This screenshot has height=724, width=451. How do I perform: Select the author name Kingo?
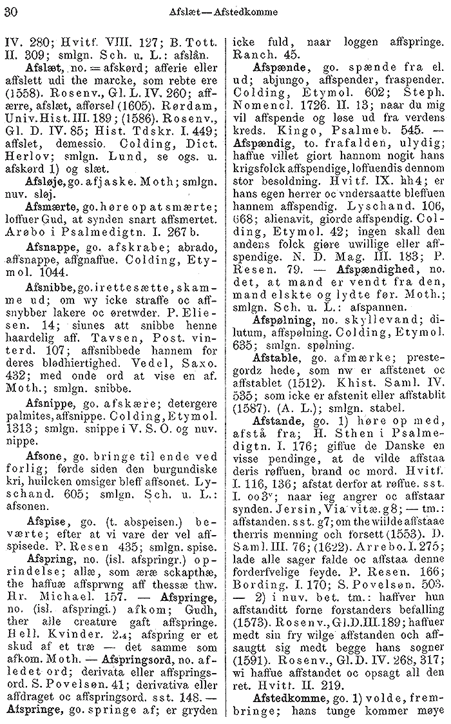[290, 140]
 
